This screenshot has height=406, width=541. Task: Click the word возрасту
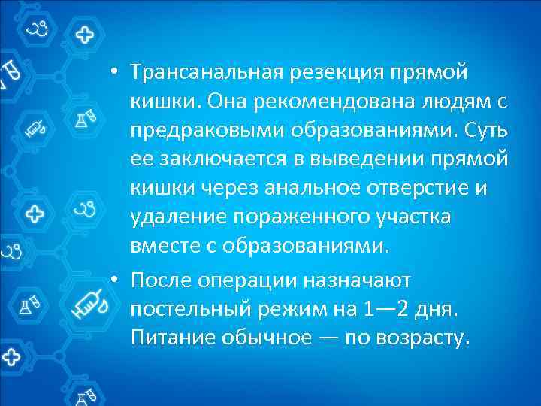[x=422, y=338]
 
